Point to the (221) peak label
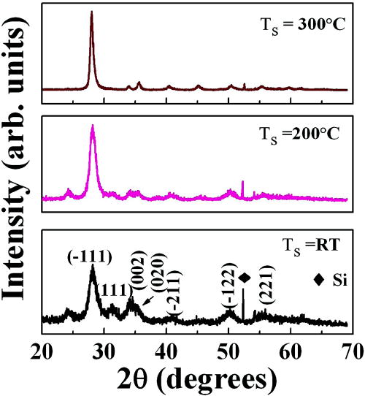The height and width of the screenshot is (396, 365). (266, 289)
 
